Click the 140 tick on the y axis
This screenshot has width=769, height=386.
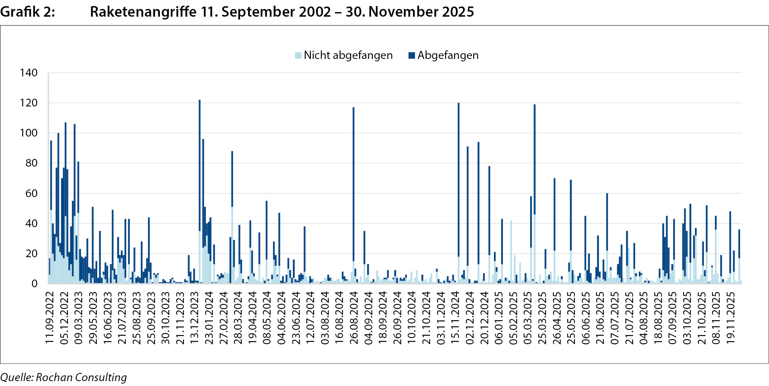click(x=28, y=73)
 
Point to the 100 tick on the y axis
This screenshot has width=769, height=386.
click(x=28, y=133)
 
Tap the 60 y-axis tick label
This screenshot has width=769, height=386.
click(x=31, y=193)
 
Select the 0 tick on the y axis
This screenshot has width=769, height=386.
click(x=34, y=284)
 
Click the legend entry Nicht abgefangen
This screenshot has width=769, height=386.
click(x=348, y=55)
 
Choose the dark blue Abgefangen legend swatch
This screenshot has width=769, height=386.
click(x=412, y=55)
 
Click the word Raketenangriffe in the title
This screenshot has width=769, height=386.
click(x=143, y=12)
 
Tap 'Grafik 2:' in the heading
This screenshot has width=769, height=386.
click(x=27, y=12)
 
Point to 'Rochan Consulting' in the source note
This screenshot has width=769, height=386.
click(x=81, y=377)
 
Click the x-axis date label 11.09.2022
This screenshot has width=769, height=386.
click(x=50, y=317)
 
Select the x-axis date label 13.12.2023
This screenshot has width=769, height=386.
click(x=194, y=317)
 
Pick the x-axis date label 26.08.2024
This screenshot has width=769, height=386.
click(x=354, y=317)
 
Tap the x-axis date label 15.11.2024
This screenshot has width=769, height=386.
click(x=455, y=317)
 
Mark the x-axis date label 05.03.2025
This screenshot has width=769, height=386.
click(x=528, y=317)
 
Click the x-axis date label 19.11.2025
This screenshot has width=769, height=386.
click(x=731, y=317)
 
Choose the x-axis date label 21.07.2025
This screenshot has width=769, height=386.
click(x=629, y=317)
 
